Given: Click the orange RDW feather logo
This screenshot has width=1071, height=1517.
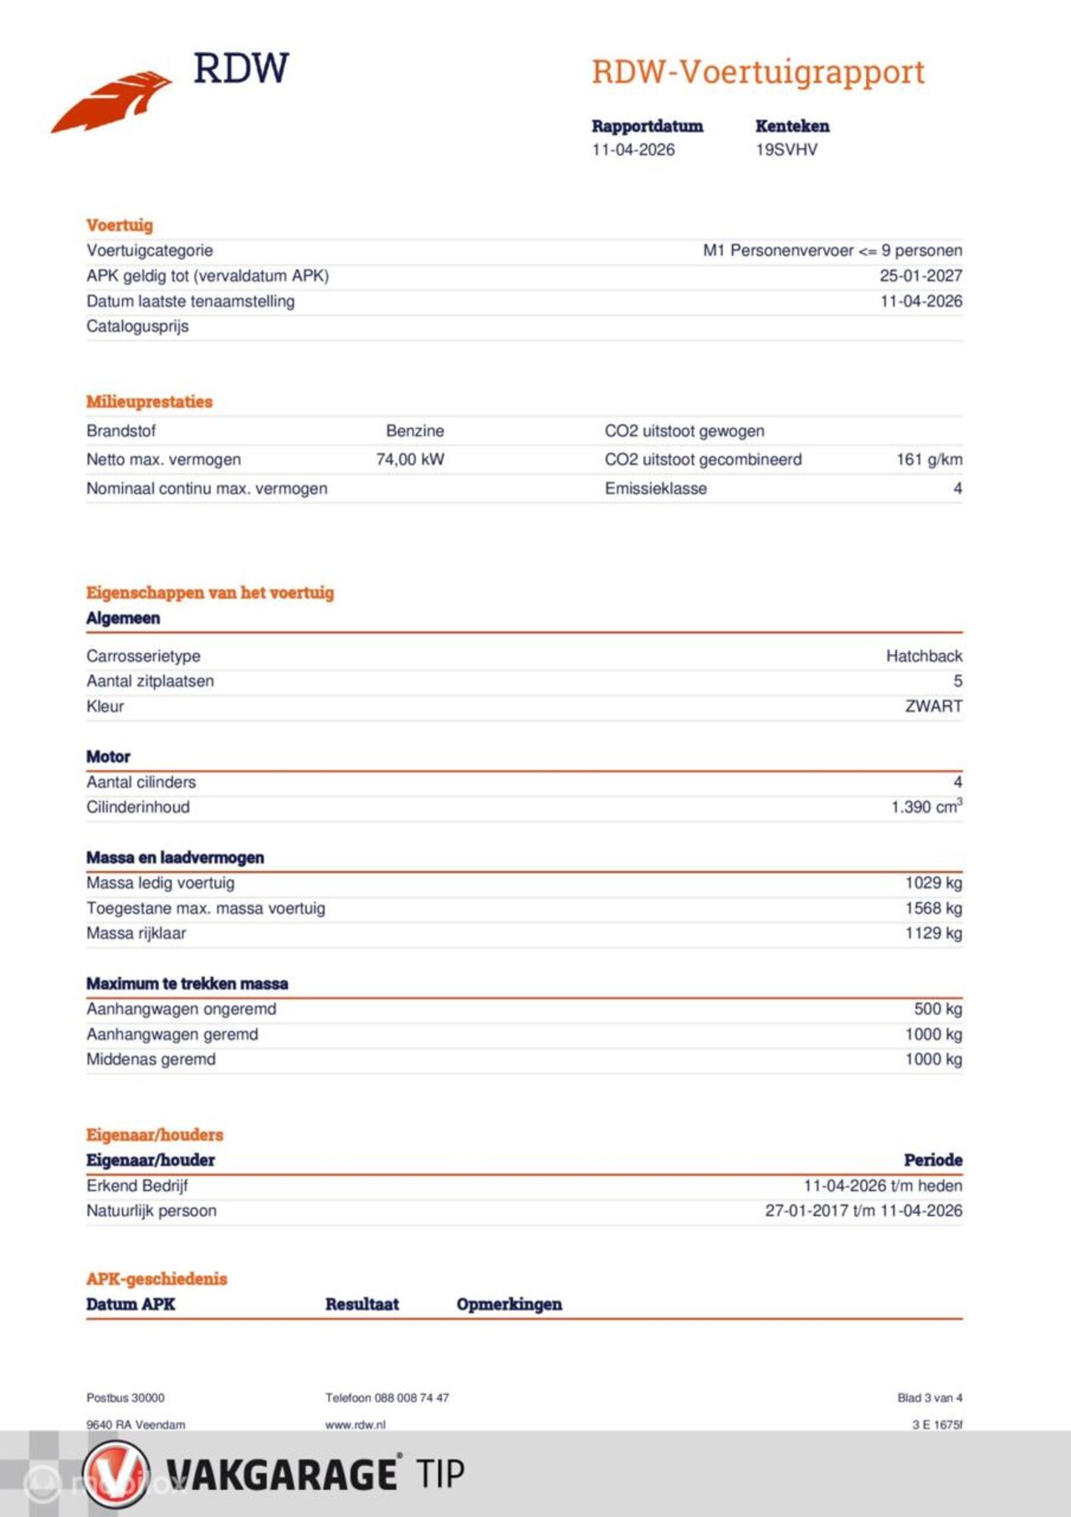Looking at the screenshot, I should coord(111,101).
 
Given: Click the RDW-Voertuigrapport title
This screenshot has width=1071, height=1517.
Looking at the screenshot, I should coord(758,73).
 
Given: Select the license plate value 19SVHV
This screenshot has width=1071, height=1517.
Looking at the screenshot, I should coord(787,150).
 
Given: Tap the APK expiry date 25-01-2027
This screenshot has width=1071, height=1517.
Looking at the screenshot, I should coord(920,275).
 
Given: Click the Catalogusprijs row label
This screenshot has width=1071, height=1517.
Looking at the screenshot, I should coord(137,327).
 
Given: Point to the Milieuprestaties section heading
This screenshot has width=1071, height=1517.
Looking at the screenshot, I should coord(149,402).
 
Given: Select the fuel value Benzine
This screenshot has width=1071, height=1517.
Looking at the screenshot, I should coord(415,431).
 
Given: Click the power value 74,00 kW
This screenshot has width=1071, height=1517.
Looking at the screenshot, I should coord(410,460).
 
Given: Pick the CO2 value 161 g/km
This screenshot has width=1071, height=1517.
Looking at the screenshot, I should coord(929,460).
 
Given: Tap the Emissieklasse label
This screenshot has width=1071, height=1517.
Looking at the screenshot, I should coord(655,489).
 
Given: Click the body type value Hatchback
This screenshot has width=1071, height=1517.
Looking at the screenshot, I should coord(924,656).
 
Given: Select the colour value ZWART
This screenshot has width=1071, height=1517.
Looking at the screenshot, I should coord(933,707).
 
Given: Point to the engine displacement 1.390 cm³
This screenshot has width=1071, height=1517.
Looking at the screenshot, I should coord(925,807).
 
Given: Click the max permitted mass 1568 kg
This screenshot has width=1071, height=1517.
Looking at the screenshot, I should coord(933,908).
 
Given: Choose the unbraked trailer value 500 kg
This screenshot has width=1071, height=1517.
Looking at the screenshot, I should coord(937,1010).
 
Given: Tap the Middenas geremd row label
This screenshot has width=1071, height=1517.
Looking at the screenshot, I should coord(151,1060).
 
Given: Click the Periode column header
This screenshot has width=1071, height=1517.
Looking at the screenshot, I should coord(932,1160).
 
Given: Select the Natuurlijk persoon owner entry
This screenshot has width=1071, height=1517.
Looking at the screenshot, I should coord(151,1211).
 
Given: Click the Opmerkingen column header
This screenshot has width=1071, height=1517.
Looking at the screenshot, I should coord(509,1304).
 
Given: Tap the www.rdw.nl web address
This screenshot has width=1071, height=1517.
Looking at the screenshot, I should coord(355,1425).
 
